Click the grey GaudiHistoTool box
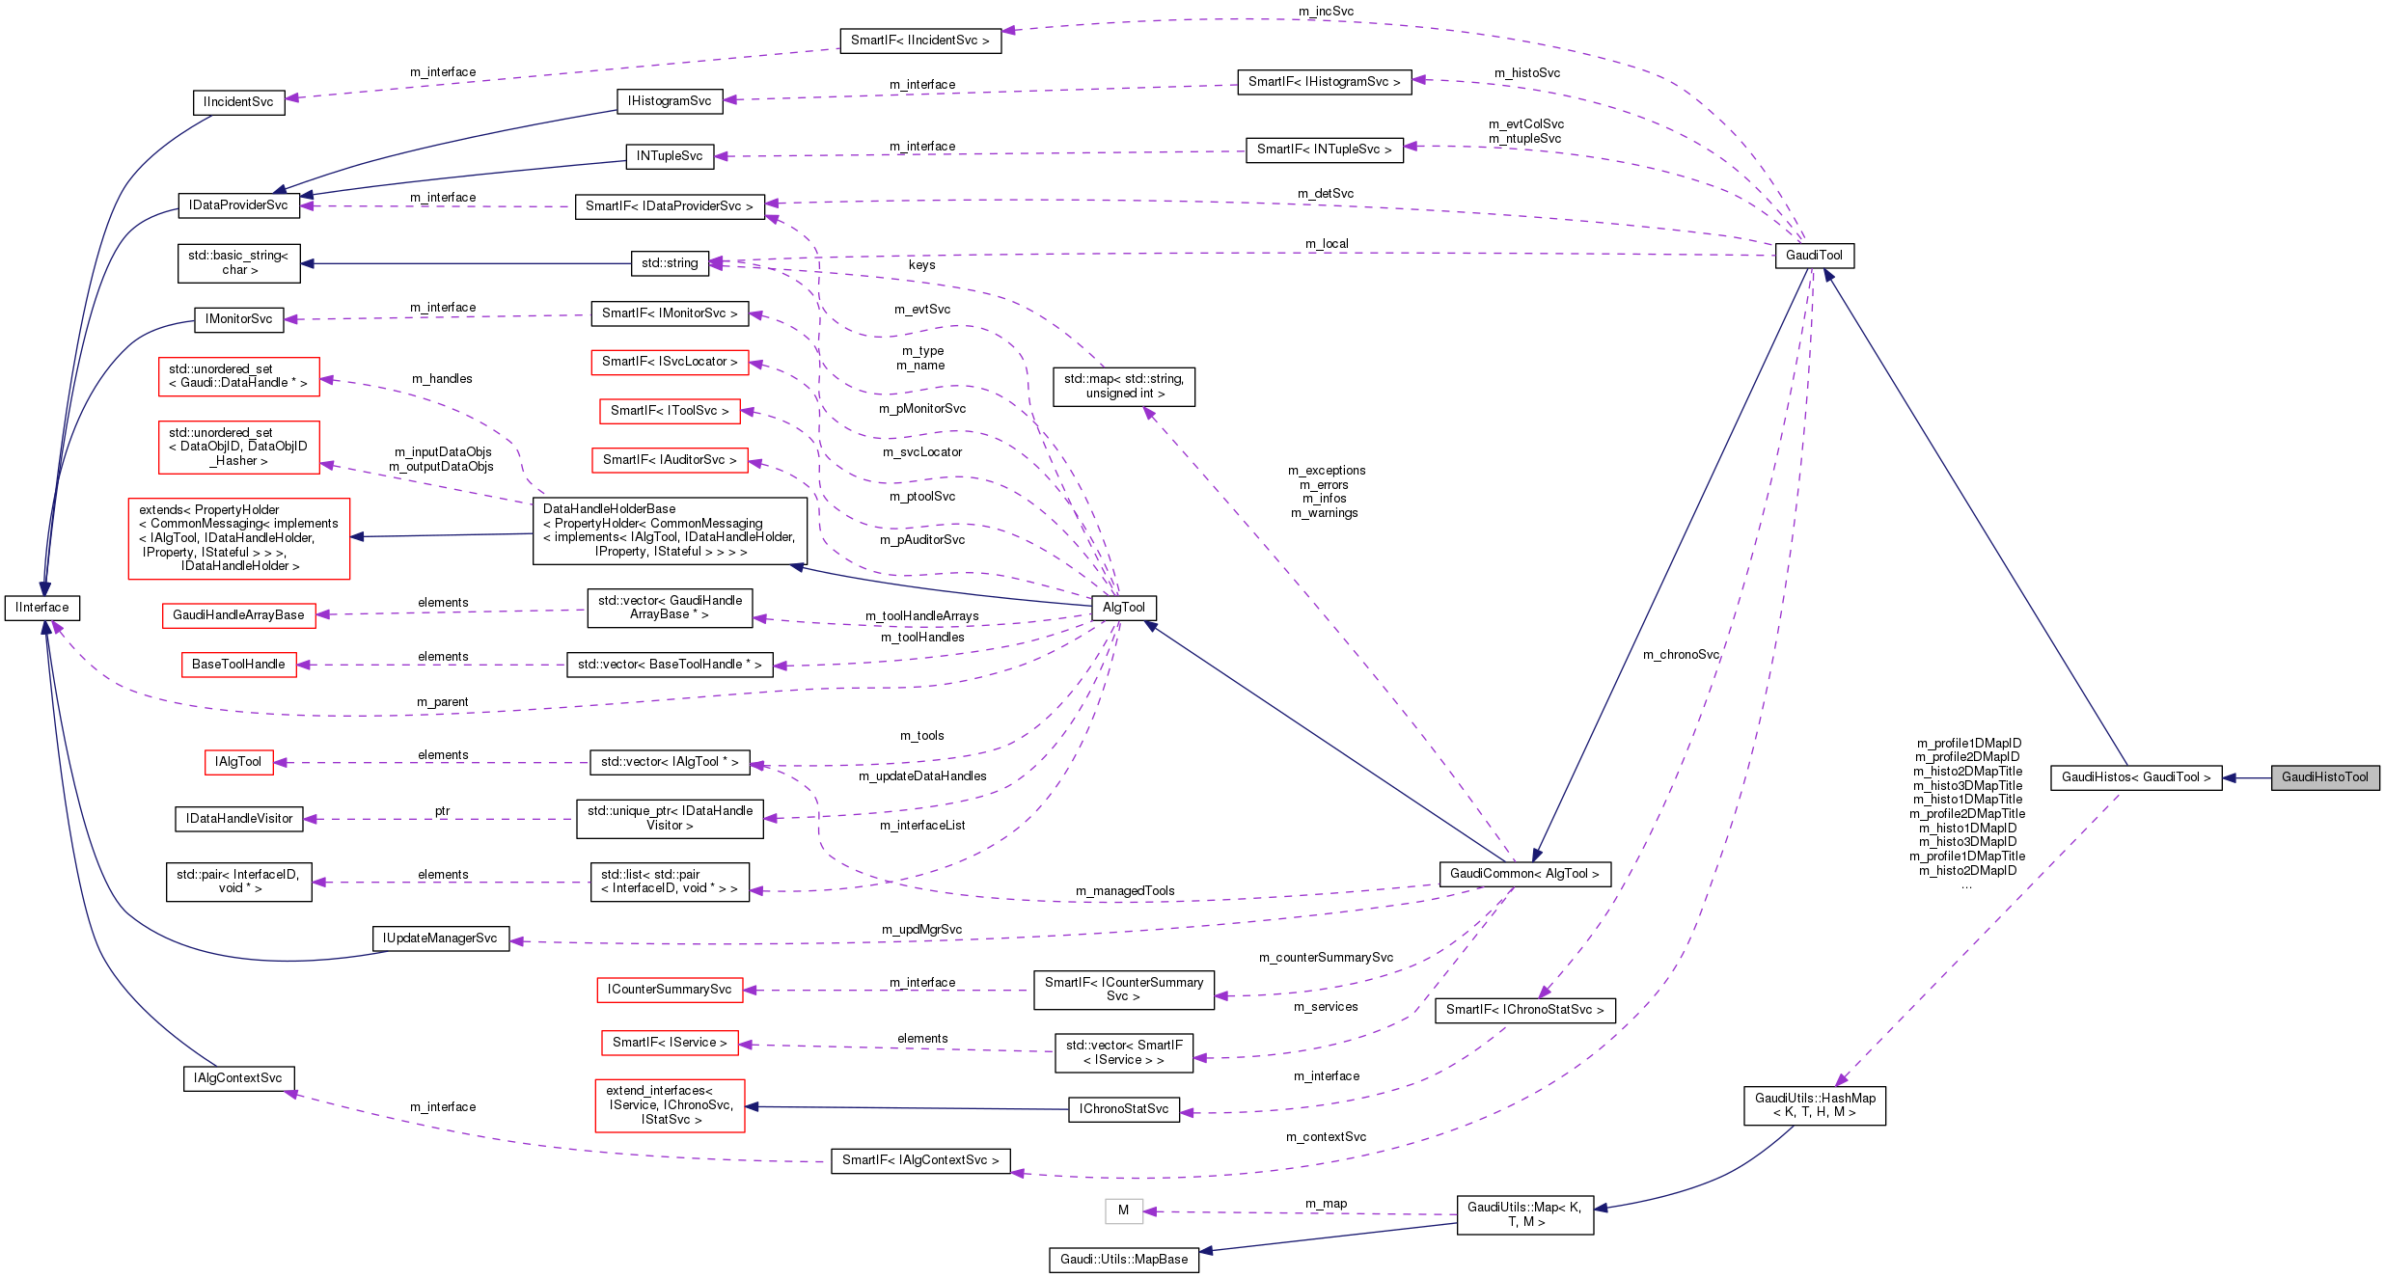tap(2324, 777)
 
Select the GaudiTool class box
tap(1814, 256)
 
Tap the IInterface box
tap(42, 608)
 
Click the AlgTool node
tap(1123, 608)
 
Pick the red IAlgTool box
tap(238, 762)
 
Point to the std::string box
tap(670, 263)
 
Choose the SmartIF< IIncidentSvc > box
tap(919, 41)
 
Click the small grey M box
tap(1123, 1210)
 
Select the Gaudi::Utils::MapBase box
tap(1123, 1260)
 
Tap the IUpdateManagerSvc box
tap(440, 938)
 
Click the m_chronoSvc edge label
tap(1681, 655)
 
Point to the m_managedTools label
tap(1125, 891)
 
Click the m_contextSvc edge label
tap(1326, 1137)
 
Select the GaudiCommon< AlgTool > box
tap(1523, 874)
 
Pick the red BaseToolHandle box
tap(238, 665)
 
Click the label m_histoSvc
tap(1526, 73)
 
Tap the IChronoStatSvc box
tap(1123, 1109)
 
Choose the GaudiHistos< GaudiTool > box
tap(2135, 777)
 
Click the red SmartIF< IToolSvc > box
tap(670, 411)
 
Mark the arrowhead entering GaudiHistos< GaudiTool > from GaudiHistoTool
tap(2230, 777)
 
